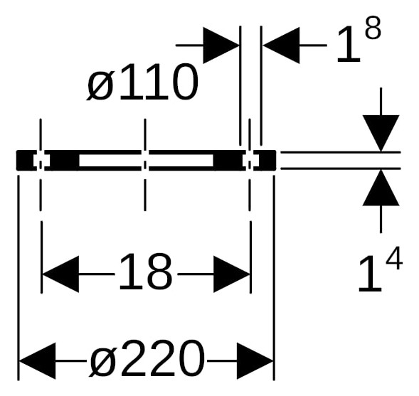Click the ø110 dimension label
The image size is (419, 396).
142,82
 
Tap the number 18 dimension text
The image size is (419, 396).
146,272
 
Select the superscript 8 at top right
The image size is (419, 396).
373,28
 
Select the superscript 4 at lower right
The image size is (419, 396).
394,258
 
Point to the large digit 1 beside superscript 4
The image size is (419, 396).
370,274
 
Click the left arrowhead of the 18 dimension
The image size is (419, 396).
61,274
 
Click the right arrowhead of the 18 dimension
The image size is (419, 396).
231,274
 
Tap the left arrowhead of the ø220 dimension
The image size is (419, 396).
38,360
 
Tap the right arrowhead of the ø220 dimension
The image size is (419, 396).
255,360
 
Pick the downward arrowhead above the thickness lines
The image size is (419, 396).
381,133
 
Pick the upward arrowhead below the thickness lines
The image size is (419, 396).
381,188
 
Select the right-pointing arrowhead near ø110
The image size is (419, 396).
221,46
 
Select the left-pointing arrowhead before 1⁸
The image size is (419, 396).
282,46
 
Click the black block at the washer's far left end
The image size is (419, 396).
26,160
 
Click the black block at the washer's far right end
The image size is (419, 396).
265,160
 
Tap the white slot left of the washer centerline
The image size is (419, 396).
110,161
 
